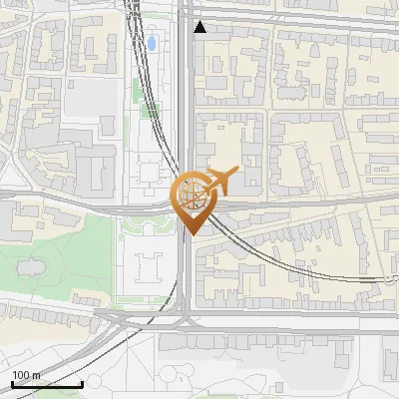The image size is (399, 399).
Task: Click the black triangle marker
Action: click(200, 27)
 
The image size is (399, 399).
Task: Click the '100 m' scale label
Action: click(26, 374)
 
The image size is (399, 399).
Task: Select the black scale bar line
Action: click(47, 384)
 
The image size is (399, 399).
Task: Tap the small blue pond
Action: click(152, 44)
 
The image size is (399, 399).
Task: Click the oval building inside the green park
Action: click(29, 267)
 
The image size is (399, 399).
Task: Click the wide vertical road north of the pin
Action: click(186, 100)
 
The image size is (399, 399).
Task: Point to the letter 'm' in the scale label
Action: click(35, 374)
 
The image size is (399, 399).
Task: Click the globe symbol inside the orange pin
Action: click(190, 194)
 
